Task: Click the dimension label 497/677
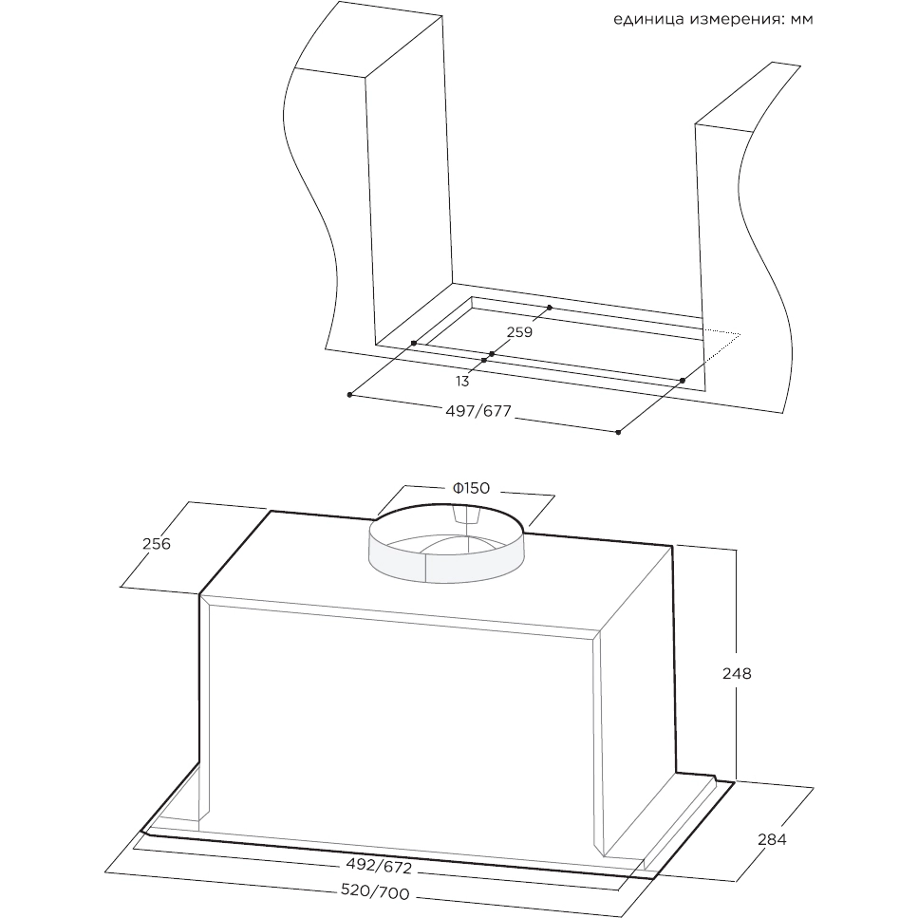pyautogui.click(x=478, y=411)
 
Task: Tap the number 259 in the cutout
pyautogui.click(x=519, y=332)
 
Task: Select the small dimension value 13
pyautogui.click(x=462, y=382)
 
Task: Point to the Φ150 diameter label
pyautogui.click(x=470, y=488)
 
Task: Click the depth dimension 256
pyautogui.click(x=156, y=544)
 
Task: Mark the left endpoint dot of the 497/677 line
pyautogui.click(x=350, y=394)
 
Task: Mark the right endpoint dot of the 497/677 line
pyautogui.click(x=618, y=433)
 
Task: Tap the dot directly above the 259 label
pyautogui.click(x=549, y=309)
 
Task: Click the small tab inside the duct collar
pyautogui.click(x=467, y=515)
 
